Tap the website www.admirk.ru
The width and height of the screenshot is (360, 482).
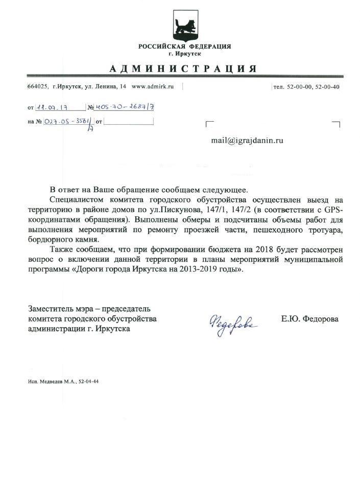point(153,87)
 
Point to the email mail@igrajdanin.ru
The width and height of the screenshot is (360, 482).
point(247,140)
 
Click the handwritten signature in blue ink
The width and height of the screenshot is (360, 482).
point(233,322)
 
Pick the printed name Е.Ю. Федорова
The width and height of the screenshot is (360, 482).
point(309,319)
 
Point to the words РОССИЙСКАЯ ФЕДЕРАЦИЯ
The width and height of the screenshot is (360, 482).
point(184,47)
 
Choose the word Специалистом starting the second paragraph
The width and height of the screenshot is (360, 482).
point(76,200)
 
